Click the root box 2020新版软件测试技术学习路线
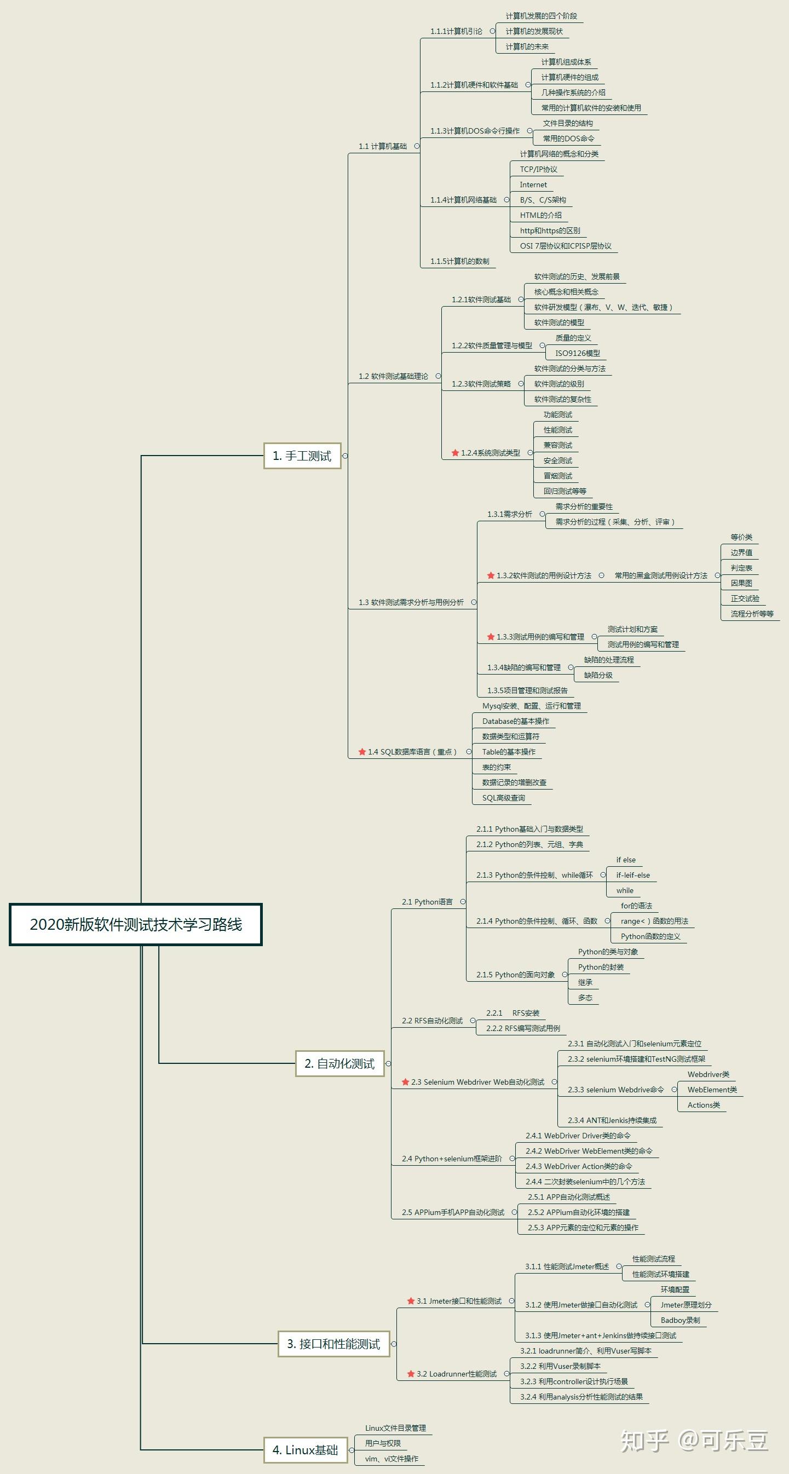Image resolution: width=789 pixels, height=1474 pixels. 136,924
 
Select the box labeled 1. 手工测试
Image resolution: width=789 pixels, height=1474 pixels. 302,456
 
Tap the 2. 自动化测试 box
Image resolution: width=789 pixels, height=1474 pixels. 339,1064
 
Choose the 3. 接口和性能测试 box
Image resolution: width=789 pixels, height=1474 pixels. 333,1344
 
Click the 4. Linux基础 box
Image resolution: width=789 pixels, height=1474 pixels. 305,1450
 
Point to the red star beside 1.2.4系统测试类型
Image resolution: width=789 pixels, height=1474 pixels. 456,453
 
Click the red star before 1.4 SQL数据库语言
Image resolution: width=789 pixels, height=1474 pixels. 361,752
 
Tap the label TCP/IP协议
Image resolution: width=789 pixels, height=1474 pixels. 538,169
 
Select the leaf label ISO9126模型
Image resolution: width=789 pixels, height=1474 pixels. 577,353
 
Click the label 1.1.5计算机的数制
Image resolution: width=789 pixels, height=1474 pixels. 459,262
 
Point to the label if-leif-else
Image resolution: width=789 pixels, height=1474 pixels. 633,875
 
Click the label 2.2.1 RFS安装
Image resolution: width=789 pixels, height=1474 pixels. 512,1013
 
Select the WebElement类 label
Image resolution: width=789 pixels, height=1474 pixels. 712,1090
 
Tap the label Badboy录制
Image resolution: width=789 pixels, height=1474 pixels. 679,1320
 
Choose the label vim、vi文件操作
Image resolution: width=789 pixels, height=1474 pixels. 391,1459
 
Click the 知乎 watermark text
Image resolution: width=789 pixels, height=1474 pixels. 645,1441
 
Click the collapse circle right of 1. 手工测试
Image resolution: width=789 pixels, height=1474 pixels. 345,456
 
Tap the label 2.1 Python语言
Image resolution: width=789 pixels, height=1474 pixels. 427,902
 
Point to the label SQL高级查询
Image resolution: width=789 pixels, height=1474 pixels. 503,798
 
